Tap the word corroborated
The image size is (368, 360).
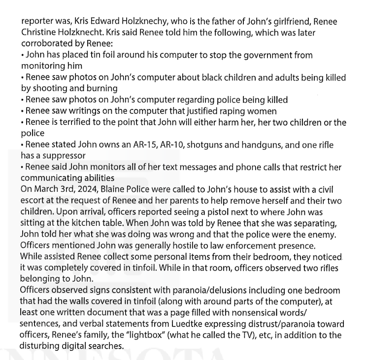[47, 45]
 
